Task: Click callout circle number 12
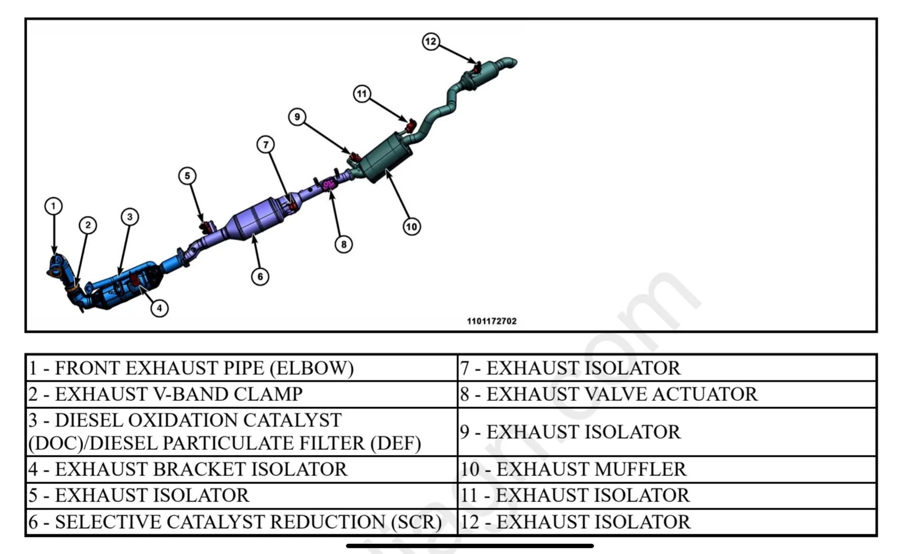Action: point(431,41)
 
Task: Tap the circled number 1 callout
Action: point(54,206)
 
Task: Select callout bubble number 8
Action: point(344,244)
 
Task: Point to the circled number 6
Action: point(260,276)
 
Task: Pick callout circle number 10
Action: point(412,227)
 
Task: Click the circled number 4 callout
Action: point(159,308)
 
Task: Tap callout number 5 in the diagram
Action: point(187,176)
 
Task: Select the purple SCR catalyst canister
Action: point(256,219)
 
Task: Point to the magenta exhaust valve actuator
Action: point(329,183)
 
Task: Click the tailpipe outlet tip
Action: point(511,63)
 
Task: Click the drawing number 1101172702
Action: point(492,321)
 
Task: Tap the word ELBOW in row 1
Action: point(312,368)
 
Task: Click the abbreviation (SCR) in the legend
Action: point(416,522)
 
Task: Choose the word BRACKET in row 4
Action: point(199,469)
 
